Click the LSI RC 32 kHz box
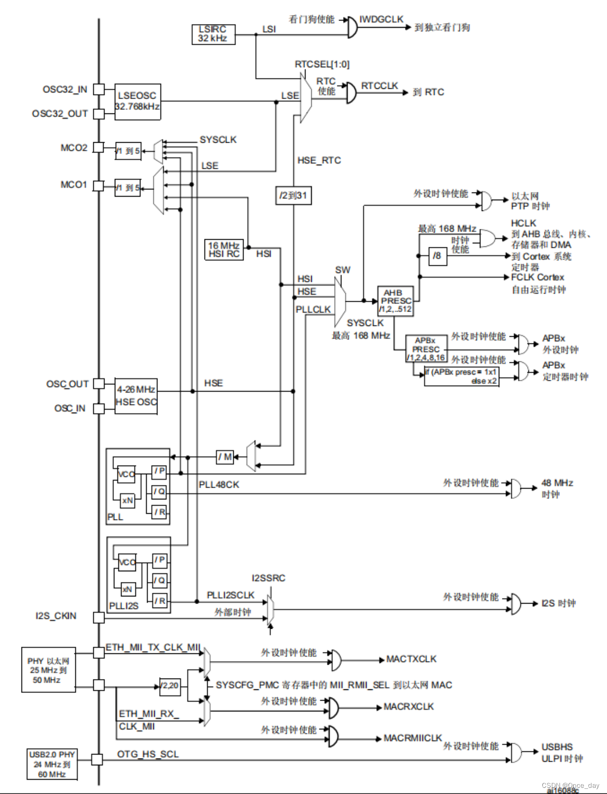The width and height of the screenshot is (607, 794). point(213,34)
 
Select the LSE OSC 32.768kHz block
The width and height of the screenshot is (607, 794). point(137,102)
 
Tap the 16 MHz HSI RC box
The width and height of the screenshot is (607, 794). point(224,249)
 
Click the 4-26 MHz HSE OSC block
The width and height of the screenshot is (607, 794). point(136,396)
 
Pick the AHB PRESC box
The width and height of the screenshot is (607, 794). point(395,301)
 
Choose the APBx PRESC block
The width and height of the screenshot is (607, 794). point(426,349)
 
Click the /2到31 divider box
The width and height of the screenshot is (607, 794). point(293,195)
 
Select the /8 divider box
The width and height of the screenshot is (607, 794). point(437,256)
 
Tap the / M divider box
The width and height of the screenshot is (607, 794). point(225,457)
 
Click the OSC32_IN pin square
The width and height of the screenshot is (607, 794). point(98,89)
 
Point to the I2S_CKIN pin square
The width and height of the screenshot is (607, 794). point(98,617)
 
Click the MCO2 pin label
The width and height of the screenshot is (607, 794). point(74,148)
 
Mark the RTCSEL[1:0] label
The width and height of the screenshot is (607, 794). point(322,64)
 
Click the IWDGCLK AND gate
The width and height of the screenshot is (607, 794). point(352,27)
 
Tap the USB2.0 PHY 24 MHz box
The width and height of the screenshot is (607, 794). point(52,764)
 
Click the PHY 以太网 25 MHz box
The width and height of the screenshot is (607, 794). point(48,670)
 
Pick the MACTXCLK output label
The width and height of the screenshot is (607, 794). point(411,659)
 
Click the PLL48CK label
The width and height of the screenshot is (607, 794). point(219,485)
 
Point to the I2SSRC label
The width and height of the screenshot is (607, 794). point(268,578)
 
